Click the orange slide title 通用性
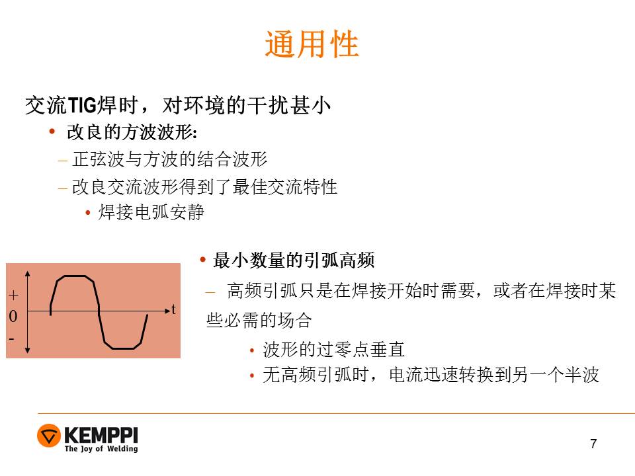point(312,44)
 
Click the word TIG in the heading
point(82,105)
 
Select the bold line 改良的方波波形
point(132,132)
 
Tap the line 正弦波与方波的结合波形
point(170,159)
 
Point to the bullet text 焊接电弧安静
point(151,212)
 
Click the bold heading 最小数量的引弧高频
point(294,260)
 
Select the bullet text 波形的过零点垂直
point(333,349)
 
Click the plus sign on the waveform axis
point(13,295)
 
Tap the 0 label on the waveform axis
point(13,316)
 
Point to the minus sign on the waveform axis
point(11,338)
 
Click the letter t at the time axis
point(173,309)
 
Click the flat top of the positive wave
point(75,276)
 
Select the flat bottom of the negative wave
point(123,348)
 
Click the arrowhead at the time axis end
point(167,311)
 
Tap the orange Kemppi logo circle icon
point(48,436)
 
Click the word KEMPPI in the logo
point(101,435)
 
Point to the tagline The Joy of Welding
point(101,448)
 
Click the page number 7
point(593,444)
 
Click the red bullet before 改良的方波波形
point(52,131)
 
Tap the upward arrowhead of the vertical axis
point(28,274)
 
